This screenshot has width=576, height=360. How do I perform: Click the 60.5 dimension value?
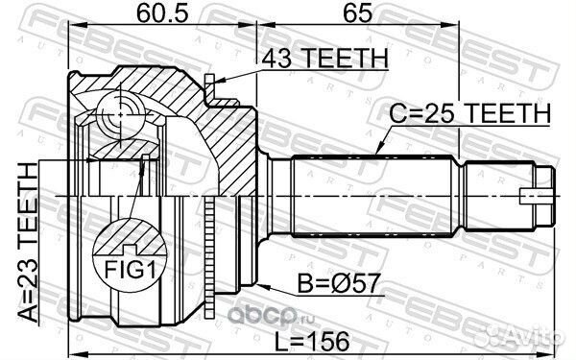pos(163,14)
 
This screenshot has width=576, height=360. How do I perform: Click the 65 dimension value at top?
pos(357,14)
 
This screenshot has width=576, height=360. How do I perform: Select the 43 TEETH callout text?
pos(325,59)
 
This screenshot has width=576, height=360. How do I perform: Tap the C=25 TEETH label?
pos(470,113)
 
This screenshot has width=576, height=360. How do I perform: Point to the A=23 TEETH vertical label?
pos(28,243)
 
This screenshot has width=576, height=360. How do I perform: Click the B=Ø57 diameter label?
pos(338,283)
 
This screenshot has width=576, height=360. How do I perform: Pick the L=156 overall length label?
pos(312,341)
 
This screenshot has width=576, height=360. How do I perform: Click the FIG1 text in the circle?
pos(130,270)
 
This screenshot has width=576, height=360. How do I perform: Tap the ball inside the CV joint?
pos(120,115)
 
